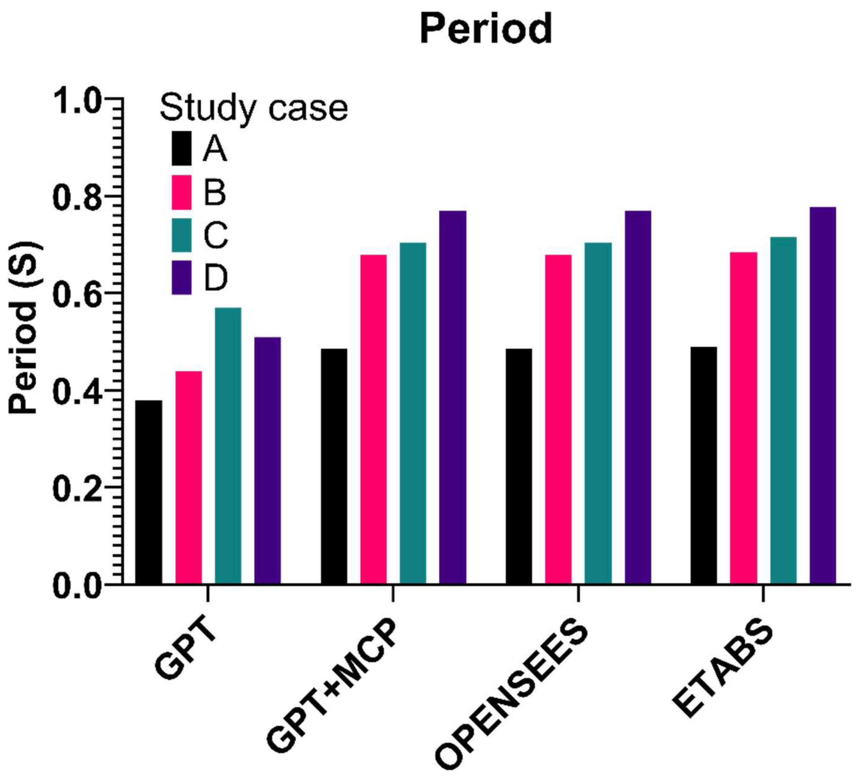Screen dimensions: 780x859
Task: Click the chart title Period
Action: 486,29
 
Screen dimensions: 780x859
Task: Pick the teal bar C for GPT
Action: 228,445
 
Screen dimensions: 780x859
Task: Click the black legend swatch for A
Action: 182,148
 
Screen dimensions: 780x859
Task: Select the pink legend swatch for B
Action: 182,192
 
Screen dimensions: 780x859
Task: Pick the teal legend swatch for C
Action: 182,235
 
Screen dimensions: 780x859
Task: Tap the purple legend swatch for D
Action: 182,278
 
